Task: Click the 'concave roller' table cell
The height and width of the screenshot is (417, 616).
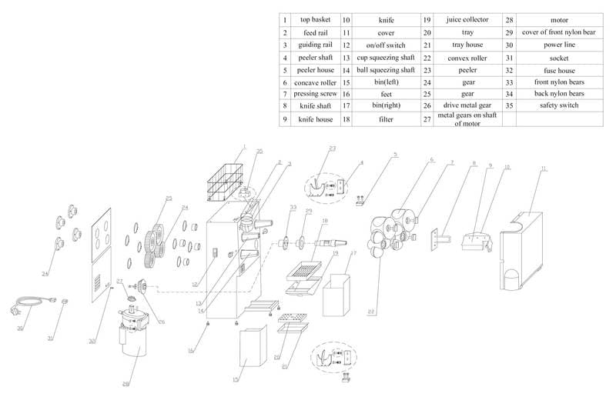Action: (315, 82)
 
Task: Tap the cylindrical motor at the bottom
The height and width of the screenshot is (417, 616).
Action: (138, 335)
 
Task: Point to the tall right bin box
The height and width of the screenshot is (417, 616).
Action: (337, 296)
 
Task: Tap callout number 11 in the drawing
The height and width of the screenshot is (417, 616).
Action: (544, 168)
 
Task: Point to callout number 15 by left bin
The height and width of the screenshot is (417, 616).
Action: (237, 380)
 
